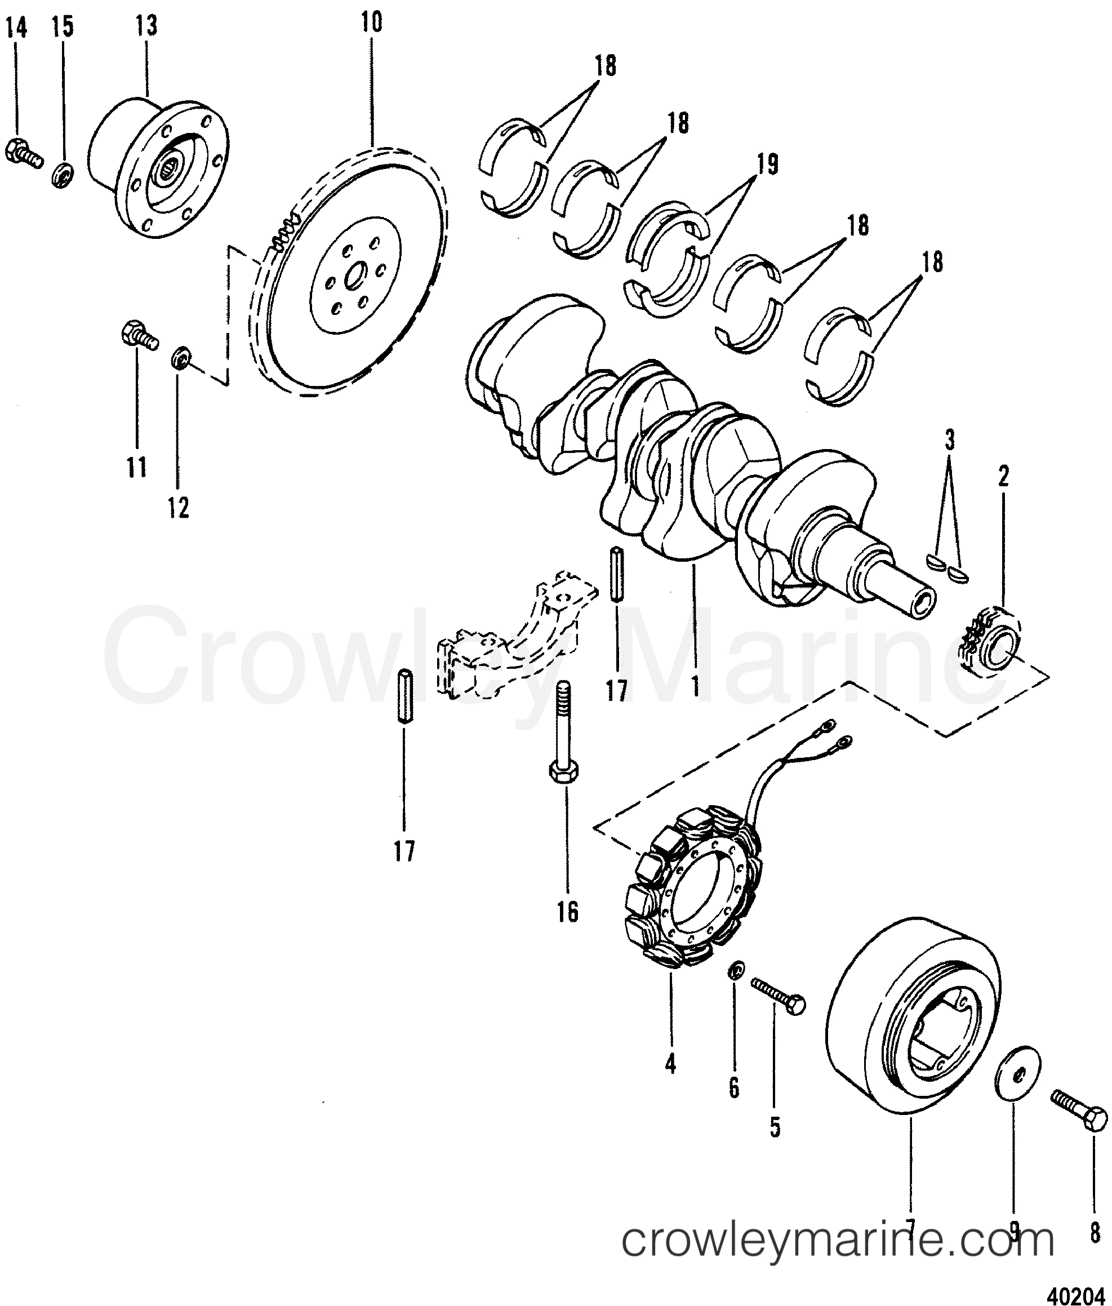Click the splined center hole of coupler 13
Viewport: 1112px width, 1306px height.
tap(170, 169)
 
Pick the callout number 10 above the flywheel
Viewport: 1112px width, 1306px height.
tap(371, 23)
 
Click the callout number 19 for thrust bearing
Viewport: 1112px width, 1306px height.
tap(767, 164)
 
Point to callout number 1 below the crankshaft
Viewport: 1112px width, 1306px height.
tap(695, 684)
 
